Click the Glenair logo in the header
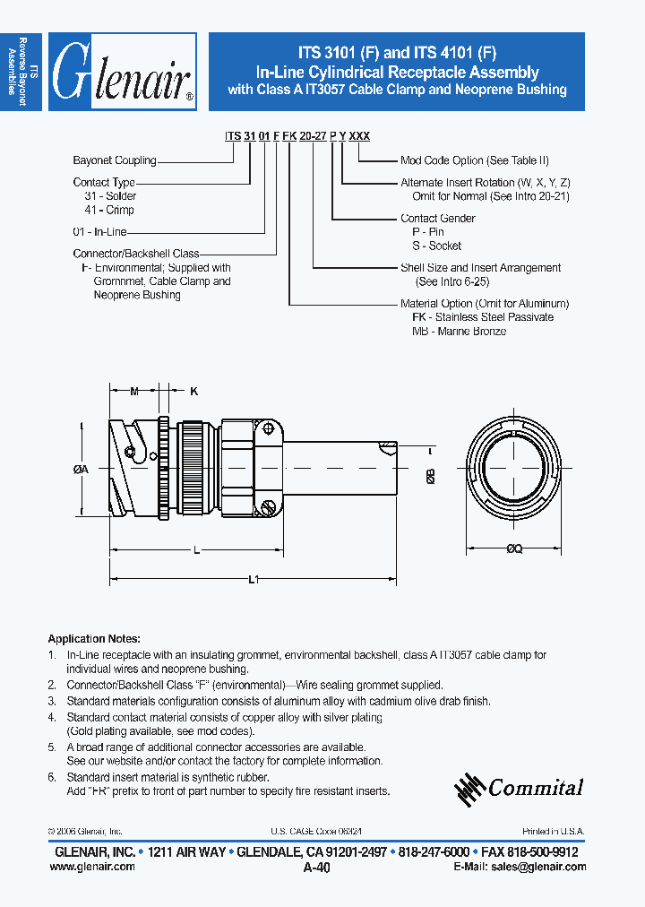122,72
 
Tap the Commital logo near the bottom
519,787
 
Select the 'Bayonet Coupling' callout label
114,160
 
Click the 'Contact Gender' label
437,218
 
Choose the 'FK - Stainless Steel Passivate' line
482,317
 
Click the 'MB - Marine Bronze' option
459,332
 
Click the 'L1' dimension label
253,581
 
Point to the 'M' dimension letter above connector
134,391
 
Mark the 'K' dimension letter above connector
193,391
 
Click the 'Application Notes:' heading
94,639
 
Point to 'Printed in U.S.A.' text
553,832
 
